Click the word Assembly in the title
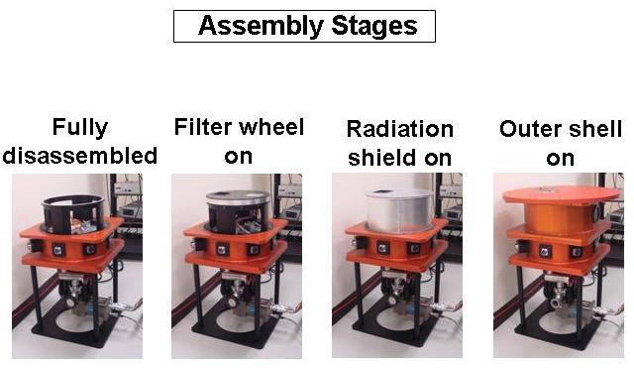pos(261,27)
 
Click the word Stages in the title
pos(374,27)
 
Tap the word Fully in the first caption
pos(80,128)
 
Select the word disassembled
pos(79,156)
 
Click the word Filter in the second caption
pos(203,127)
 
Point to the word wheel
pos(271,127)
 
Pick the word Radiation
pos(400,129)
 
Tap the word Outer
pos(531,129)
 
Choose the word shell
pos(595,129)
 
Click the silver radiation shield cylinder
pos(398,211)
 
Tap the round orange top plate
pos(561,195)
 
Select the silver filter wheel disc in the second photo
pos(238,196)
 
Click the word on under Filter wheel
pos(239,157)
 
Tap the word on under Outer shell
pos(560,159)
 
